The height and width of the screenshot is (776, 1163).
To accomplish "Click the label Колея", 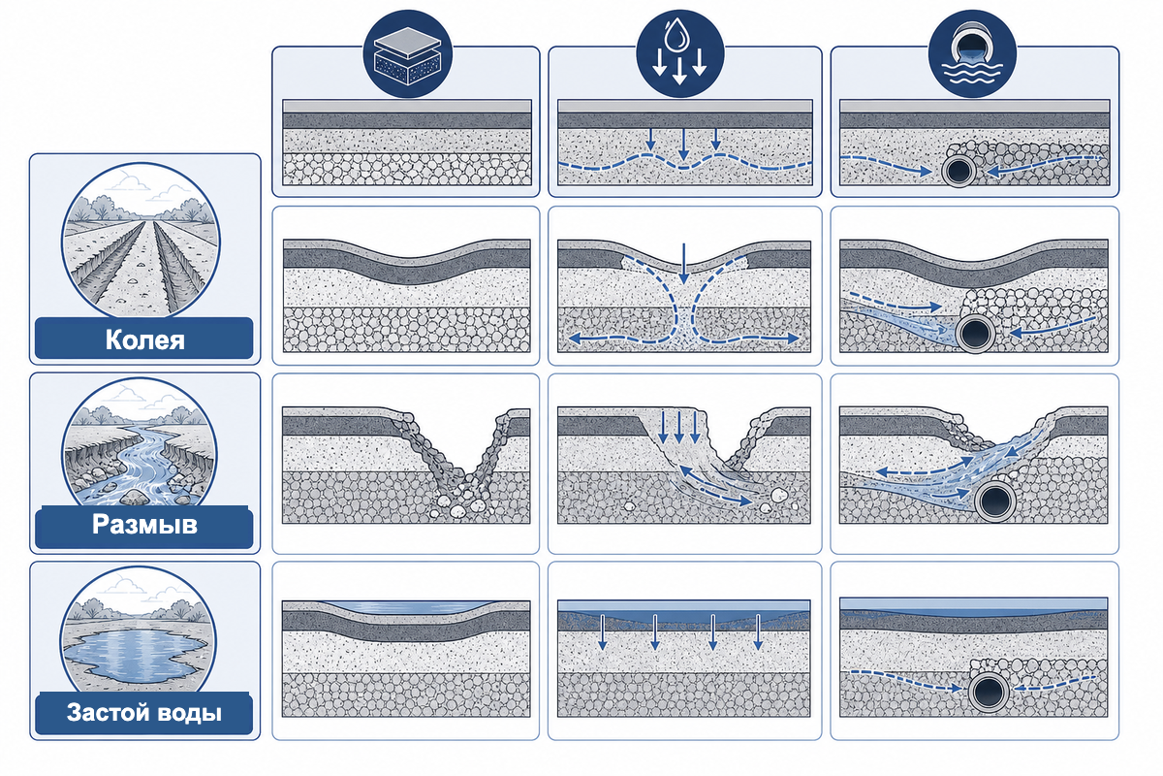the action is (x=144, y=339).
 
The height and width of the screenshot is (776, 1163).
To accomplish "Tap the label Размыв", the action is (x=144, y=525).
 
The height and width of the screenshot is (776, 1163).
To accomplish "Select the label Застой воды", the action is (x=144, y=713).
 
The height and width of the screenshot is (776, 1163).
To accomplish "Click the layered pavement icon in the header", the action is (x=408, y=54).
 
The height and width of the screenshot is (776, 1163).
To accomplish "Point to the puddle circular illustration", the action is (x=138, y=631).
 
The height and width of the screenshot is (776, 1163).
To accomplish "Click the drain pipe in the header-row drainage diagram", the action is (x=959, y=171).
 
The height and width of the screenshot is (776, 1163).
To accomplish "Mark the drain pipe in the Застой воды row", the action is (x=988, y=692).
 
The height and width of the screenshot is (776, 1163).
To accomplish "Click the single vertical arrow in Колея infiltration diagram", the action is (x=684, y=264).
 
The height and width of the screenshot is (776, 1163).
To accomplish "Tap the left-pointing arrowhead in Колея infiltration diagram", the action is (x=574, y=339).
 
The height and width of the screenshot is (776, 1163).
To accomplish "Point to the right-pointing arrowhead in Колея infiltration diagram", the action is (x=793, y=339).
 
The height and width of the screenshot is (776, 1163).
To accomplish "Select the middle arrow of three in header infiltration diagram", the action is (x=684, y=144).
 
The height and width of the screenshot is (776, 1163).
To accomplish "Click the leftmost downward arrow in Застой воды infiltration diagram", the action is (x=602, y=632).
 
